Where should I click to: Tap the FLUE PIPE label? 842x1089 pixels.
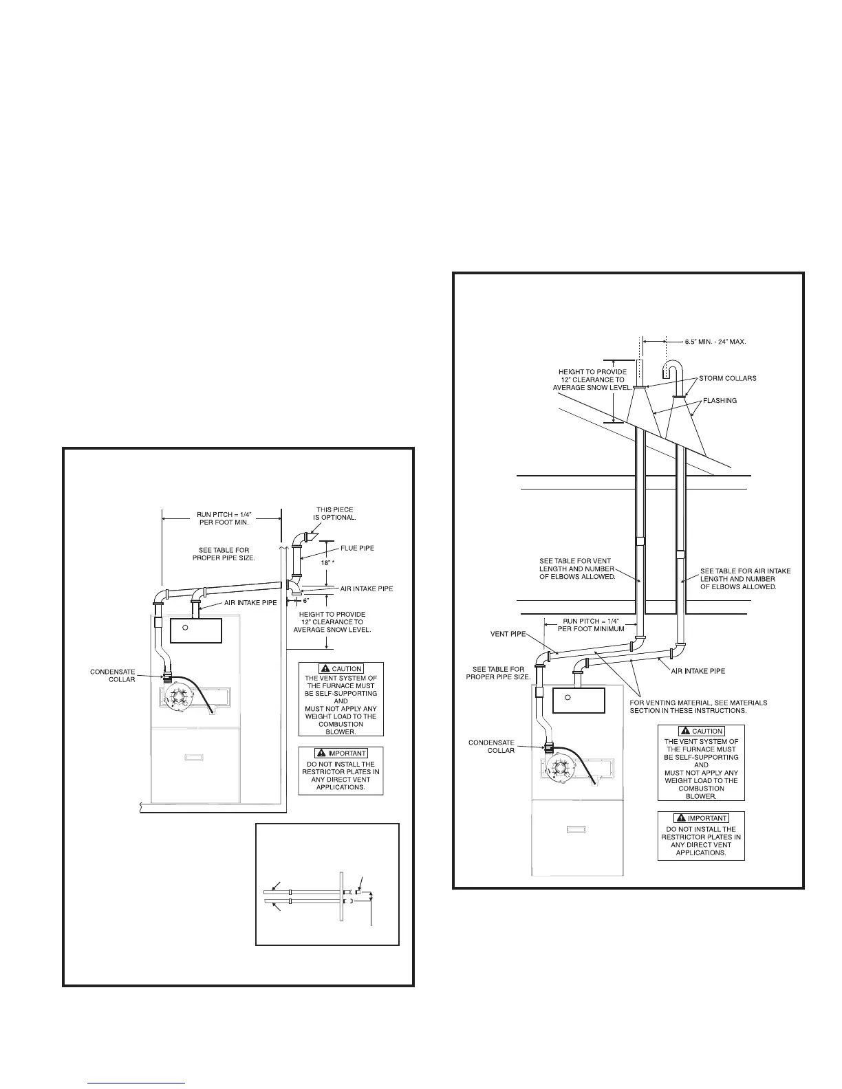tap(357, 548)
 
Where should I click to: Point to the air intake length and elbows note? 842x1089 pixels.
tap(745, 579)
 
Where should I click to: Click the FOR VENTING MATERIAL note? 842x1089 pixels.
tap(698, 707)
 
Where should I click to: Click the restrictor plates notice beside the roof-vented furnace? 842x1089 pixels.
tap(701, 837)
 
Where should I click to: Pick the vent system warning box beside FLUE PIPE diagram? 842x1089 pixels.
tap(341, 699)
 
